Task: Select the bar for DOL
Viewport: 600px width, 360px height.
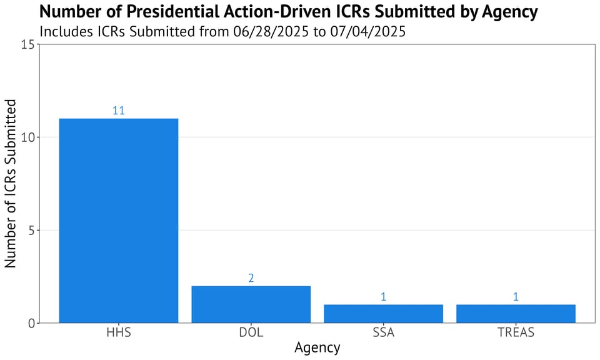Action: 251,304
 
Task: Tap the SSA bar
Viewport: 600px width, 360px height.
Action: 383,314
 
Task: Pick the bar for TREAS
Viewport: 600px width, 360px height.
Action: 516,314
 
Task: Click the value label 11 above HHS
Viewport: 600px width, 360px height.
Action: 119,111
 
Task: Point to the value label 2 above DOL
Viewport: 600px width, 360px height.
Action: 251,278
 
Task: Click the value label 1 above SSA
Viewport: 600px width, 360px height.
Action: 383,297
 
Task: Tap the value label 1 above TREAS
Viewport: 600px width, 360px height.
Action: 516,297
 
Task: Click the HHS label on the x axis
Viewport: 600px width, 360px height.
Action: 119,332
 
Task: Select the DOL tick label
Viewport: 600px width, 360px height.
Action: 251,332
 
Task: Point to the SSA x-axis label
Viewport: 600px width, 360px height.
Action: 383,332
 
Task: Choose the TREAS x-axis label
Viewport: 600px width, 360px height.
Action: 516,332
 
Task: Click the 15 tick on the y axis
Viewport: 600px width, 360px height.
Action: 27,44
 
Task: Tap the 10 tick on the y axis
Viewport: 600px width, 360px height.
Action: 27,137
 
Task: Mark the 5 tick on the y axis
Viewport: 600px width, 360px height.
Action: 30,230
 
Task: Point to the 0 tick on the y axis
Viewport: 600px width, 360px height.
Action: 30,323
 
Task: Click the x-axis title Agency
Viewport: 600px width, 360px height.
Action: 317,348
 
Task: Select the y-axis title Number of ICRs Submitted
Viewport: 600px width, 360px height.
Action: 11,183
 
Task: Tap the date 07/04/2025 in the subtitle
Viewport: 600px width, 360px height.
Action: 367,31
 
